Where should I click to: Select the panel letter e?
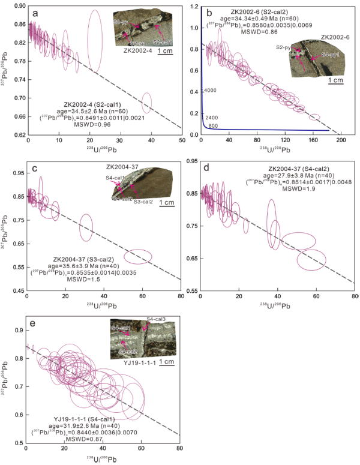click(32, 325)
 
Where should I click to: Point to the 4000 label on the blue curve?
click(209, 91)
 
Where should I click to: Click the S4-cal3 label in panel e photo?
click(157, 320)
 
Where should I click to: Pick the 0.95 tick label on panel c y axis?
click(17, 174)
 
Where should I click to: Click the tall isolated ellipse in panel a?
click(94, 41)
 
